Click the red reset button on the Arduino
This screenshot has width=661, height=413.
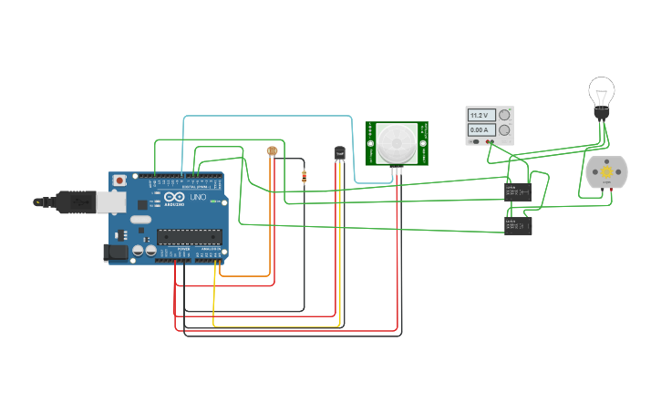pos(119,181)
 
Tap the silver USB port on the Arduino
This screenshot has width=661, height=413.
pos(111,201)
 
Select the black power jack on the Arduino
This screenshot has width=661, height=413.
pos(116,251)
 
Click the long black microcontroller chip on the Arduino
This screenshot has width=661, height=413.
pos(189,236)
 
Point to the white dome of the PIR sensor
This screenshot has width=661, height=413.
pos(397,142)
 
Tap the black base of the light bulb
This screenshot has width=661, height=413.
pos(601,113)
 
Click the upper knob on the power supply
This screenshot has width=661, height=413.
pos(503,116)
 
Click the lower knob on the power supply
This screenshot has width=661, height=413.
pos(503,130)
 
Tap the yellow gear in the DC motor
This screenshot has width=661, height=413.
pos(606,171)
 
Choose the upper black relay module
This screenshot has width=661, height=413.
pos(518,191)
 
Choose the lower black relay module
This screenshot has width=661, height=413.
pos(518,225)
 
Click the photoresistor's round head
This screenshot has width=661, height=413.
pos(271,150)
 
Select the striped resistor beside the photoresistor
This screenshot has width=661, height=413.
pos(304,178)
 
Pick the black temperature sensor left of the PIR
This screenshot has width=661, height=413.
pos(340,153)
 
